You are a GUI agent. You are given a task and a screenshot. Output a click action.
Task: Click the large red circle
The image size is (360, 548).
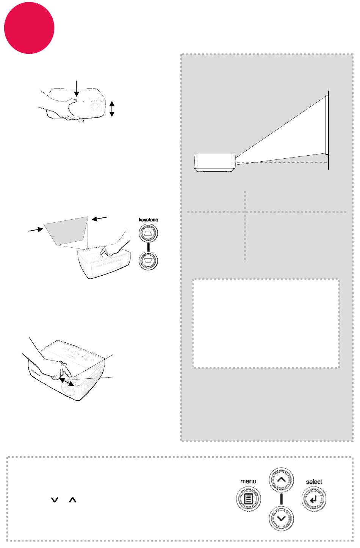click(29, 28)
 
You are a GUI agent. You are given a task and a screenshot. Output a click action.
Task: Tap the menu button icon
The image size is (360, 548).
click(249, 499)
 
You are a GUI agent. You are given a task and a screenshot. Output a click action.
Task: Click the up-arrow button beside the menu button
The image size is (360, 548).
click(281, 479)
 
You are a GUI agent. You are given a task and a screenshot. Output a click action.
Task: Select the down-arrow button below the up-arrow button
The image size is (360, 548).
click(281, 518)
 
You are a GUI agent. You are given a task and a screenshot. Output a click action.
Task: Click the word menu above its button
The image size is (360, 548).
click(248, 481)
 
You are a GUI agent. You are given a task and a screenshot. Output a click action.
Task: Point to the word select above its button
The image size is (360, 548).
click(314, 482)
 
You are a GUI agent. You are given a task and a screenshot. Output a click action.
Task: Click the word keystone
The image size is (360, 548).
click(148, 220)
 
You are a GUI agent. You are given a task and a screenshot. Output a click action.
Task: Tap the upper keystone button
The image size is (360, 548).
click(148, 233)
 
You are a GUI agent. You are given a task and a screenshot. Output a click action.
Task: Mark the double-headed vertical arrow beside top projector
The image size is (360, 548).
click(112, 109)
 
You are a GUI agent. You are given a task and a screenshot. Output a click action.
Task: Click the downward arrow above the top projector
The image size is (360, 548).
click(77, 88)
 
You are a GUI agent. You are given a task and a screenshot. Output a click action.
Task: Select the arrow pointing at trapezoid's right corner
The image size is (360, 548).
click(99, 218)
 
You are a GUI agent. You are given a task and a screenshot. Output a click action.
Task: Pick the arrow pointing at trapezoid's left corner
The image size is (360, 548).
click(36, 230)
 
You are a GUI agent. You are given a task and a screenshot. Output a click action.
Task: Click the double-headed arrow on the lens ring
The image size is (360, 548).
click(67, 382)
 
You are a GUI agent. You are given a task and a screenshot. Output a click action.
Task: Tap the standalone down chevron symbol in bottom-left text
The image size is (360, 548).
click(55, 500)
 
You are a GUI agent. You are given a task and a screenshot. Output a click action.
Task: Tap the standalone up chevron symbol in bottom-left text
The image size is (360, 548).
click(73, 500)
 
